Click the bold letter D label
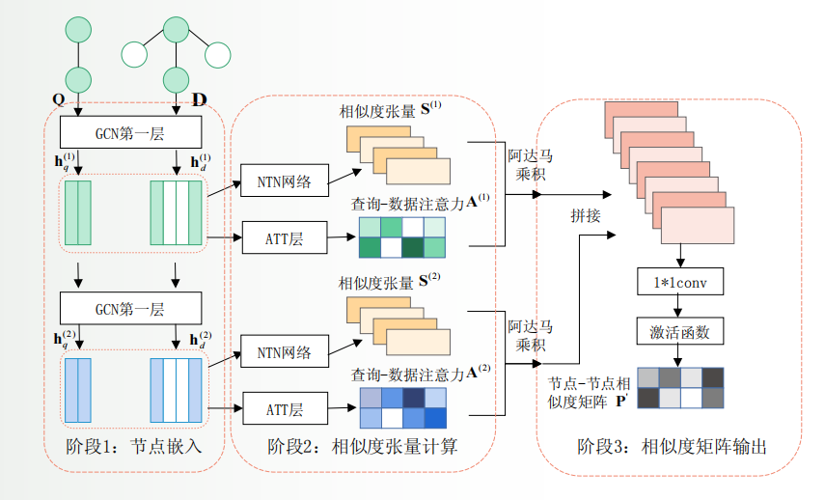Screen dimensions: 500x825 tap(200, 99)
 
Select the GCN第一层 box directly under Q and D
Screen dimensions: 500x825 tap(130, 131)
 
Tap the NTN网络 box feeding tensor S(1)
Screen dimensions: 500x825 tap(284, 181)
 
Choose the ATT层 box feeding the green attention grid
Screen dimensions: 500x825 tap(284, 236)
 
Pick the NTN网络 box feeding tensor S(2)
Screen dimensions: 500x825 tap(284, 352)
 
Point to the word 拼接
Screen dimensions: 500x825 tap(585, 215)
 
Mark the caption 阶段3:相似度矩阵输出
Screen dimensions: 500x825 tap(674, 447)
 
